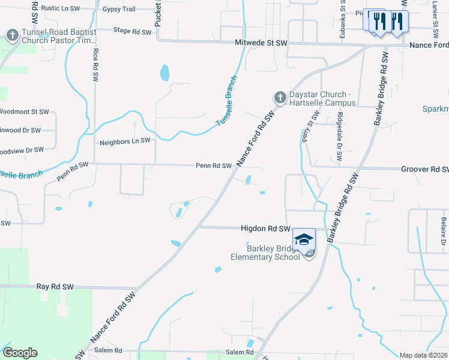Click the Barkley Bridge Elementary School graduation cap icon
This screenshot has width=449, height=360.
pyautogui.click(x=304, y=238)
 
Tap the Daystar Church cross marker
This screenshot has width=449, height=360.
pyautogui.click(x=279, y=97)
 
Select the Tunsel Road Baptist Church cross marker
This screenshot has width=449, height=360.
pyautogui.click(x=12, y=35)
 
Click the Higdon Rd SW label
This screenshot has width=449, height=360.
pyautogui.click(x=265, y=229)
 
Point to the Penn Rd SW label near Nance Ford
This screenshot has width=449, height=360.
pyautogui.click(x=214, y=166)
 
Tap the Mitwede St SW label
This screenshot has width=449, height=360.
pyautogui.click(x=261, y=43)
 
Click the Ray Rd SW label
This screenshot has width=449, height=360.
pyautogui.click(x=55, y=287)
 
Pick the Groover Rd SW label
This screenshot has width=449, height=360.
pyautogui.click(x=424, y=170)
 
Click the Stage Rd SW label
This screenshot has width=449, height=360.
pyautogui.click(x=132, y=31)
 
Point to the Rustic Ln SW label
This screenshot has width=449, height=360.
pyautogui.click(x=61, y=8)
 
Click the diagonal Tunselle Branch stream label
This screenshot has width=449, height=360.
pyautogui.click(x=228, y=100)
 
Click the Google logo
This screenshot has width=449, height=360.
pyautogui.click(x=20, y=353)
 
